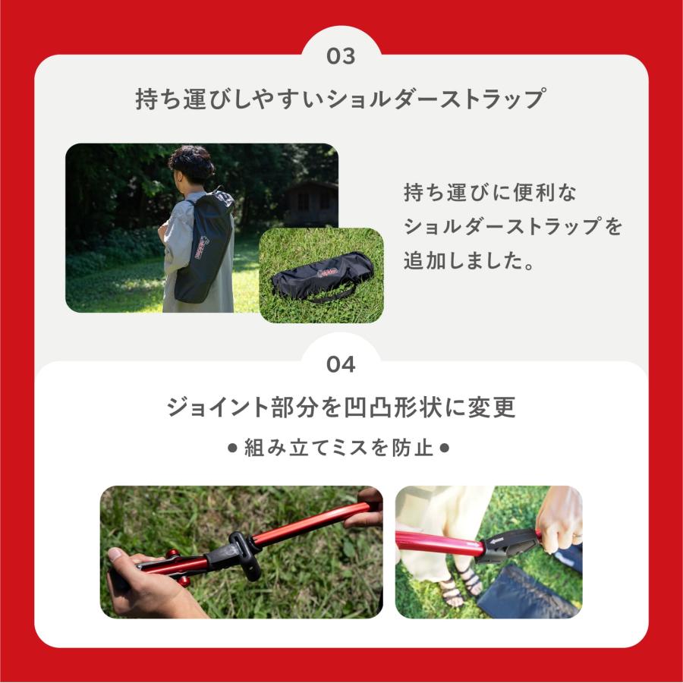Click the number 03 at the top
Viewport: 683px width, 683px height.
point(341,57)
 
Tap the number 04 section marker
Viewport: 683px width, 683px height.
point(341,365)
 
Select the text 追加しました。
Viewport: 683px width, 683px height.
point(467,261)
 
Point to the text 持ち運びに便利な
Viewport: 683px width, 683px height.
point(490,193)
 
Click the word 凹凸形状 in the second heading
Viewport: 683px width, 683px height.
point(403,408)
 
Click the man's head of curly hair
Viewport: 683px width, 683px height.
point(191,162)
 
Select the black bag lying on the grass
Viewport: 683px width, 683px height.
point(323,278)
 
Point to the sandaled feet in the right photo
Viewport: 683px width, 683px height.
point(459,584)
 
